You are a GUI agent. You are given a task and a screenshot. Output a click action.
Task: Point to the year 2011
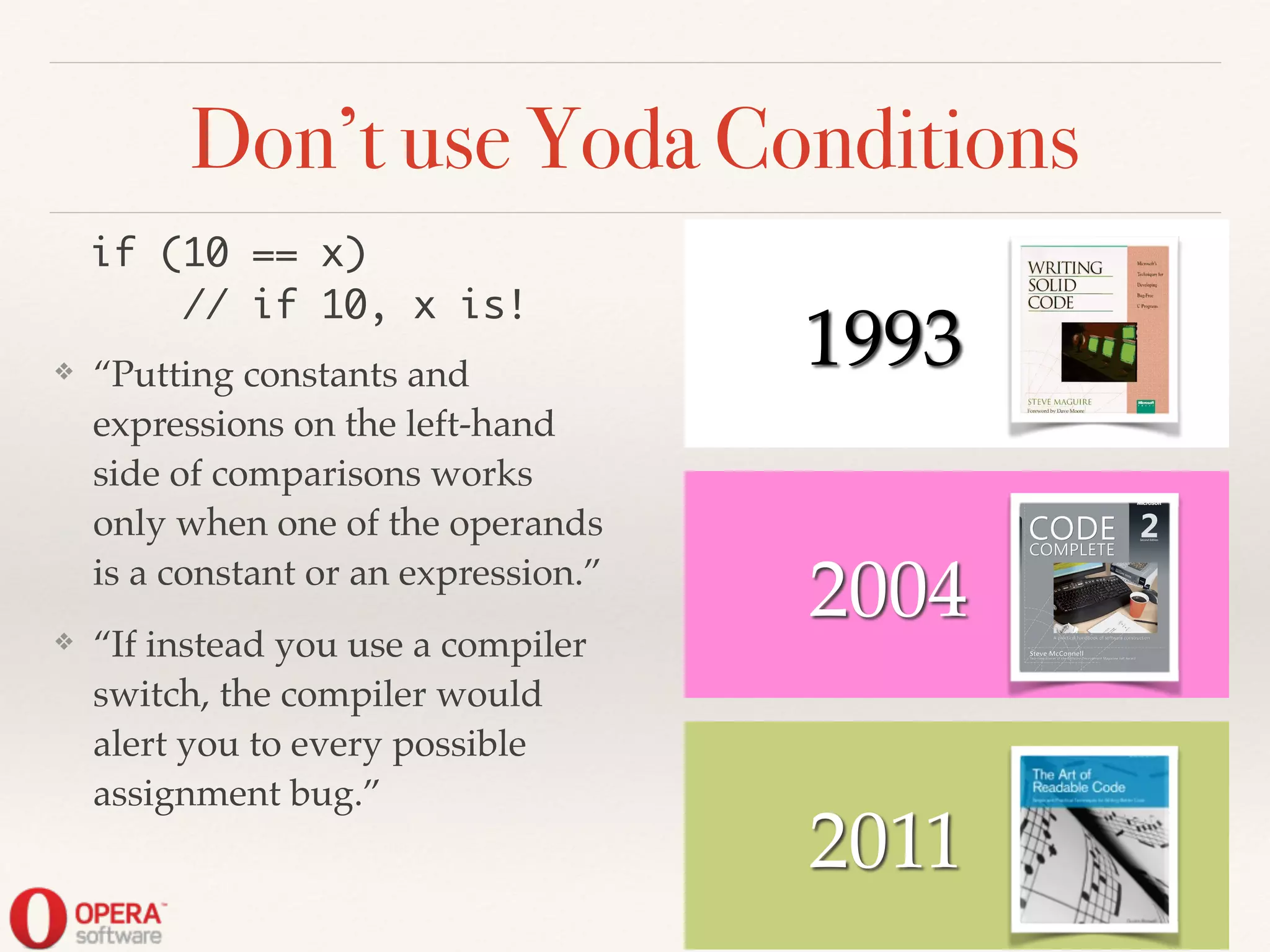pyautogui.click(x=884, y=842)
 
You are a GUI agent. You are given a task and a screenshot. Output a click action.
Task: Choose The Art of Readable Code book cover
pyautogui.click(x=1095, y=840)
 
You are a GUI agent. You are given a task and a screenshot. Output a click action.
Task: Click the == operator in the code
pyautogui.click(x=275, y=254)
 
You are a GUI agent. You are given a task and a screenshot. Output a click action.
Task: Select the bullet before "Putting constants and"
pyautogui.click(x=64, y=372)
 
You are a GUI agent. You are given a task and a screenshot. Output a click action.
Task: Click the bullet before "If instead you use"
pyautogui.click(x=64, y=641)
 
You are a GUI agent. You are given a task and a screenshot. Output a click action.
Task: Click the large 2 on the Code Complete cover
pyautogui.click(x=1149, y=526)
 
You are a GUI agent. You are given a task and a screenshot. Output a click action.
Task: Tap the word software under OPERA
pyautogui.click(x=118, y=936)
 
